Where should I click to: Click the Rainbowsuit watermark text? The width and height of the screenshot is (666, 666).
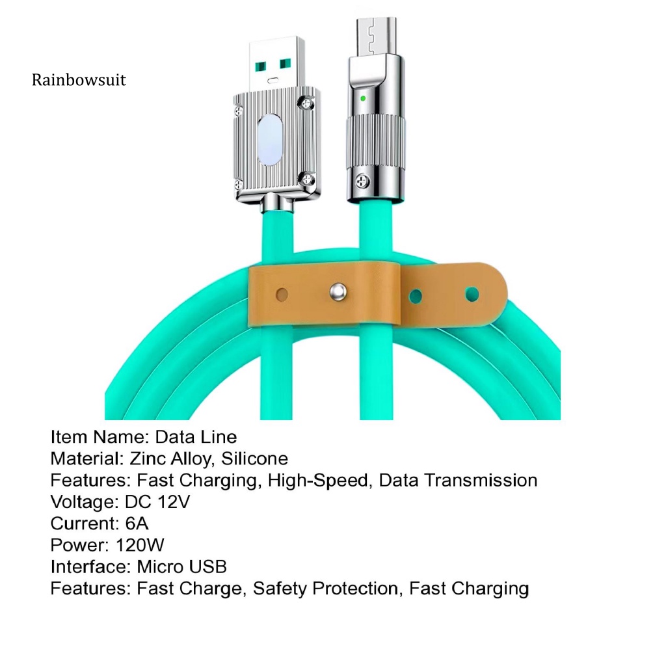pyautogui.click(x=79, y=80)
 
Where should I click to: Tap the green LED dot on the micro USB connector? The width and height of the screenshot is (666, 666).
pyautogui.click(x=363, y=99)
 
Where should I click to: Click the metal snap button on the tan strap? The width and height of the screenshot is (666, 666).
pyautogui.click(x=338, y=291)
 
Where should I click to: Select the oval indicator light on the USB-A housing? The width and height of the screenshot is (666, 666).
pyautogui.click(x=270, y=140)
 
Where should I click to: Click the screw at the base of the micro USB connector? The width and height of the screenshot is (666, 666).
pyautogui.click(x=362, y=181)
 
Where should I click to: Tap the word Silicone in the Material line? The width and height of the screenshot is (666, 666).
pyautogui.click(x=254, y=459)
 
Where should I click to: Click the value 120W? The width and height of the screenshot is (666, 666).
pyautogui.click(x=140, y=545)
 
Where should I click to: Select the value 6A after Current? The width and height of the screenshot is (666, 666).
pyautogui.click(x=137, y=524)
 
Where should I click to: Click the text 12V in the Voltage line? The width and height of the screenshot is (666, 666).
pyautogui.click(x=174, y=501)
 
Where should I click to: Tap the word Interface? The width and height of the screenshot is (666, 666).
pyautogui.click(x=91, y=566)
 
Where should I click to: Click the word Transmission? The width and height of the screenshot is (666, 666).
pyautogui.click(x=481, y=481)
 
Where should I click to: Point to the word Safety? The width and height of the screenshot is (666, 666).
pyautogui.click(x=280, y=589)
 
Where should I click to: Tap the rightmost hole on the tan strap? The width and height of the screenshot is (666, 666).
pyautogui.click(x=472, y=294)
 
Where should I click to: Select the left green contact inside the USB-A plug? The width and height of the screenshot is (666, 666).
pyautogui.click(x=260, y=67)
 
